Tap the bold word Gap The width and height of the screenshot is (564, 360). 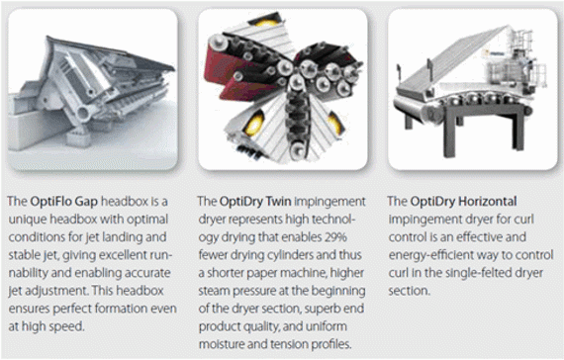click(x=85, y=202)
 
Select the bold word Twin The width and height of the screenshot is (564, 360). click(x=278, y=201)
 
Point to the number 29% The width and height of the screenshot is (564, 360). click(x=335, y=237)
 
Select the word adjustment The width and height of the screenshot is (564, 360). click(x=51, y=291)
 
